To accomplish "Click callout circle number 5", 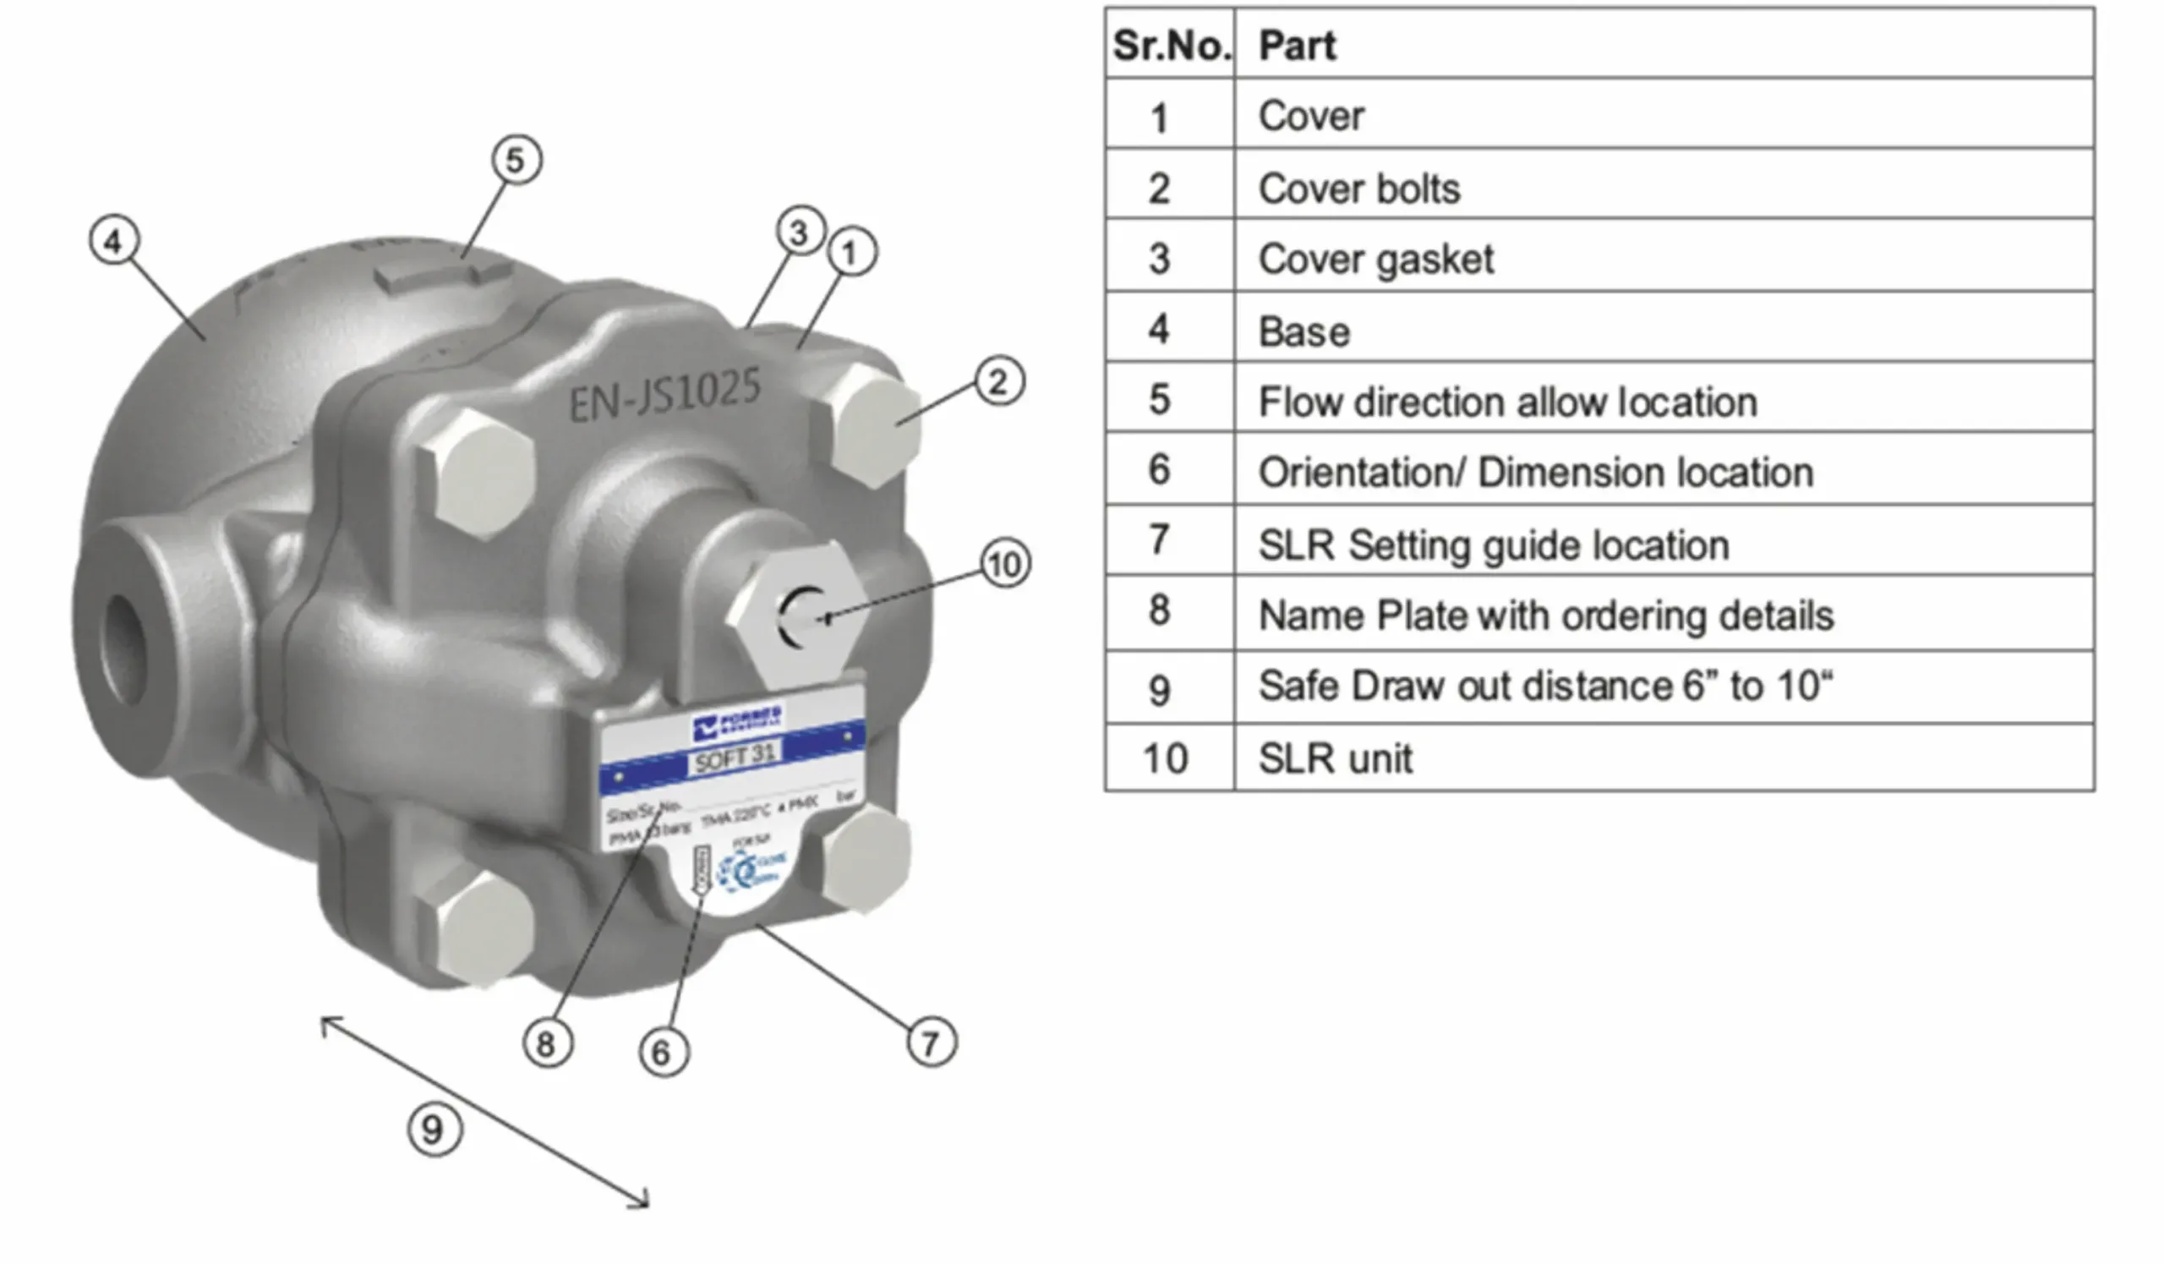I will click(516, 160).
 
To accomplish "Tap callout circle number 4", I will click(114, 241).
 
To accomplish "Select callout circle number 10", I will click(1005, 564).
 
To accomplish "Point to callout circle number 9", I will click(434, 1130).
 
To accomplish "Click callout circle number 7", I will click(931, 1042).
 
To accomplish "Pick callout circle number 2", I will click(998, 381).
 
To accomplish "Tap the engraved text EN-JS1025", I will click(664, 394).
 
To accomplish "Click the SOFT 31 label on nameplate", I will click(735, 757).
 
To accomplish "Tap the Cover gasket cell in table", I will click(1375, 260).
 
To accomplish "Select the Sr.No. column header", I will click(1170, 46).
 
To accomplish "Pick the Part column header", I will click(1297, 46).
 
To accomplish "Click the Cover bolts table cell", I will click(1358, 189).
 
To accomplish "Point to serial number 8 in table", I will click(1159, 610).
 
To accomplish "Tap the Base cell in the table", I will click(1303, 331).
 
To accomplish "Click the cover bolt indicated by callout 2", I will click(867, 425).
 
